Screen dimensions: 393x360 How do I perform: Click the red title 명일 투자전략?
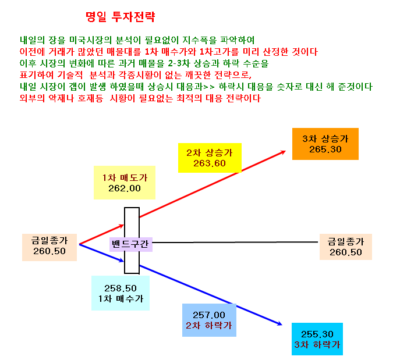(121, 17)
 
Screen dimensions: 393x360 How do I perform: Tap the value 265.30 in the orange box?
(325, 149)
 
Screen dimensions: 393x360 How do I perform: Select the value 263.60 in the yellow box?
(210, 163)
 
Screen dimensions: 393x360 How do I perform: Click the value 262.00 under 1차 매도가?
(125, 188)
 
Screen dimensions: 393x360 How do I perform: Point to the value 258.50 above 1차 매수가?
(121, 288)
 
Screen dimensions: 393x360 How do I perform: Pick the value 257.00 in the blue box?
(209, 315)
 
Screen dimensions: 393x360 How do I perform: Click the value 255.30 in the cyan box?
(317, 334)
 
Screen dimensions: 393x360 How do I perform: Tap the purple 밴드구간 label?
(130, 244)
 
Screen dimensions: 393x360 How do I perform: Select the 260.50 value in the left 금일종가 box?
(49, 251)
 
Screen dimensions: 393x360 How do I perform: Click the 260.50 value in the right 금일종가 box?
(346, 252)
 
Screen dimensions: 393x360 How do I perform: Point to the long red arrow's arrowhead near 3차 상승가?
(284, 151)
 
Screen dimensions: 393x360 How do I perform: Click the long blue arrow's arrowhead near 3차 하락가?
(280, 324)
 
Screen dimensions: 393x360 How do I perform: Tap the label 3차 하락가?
(317, 345)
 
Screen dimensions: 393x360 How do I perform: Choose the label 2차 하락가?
(209, 326)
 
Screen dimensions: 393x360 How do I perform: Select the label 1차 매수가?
(121, 299)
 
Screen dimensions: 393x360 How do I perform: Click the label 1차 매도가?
(125, 178)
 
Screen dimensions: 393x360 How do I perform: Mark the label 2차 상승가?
(210, 153)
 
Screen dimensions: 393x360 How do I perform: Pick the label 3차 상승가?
(325, 138)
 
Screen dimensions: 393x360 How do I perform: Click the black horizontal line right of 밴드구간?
(235, 243)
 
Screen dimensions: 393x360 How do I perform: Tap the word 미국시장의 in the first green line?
(90, 40)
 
